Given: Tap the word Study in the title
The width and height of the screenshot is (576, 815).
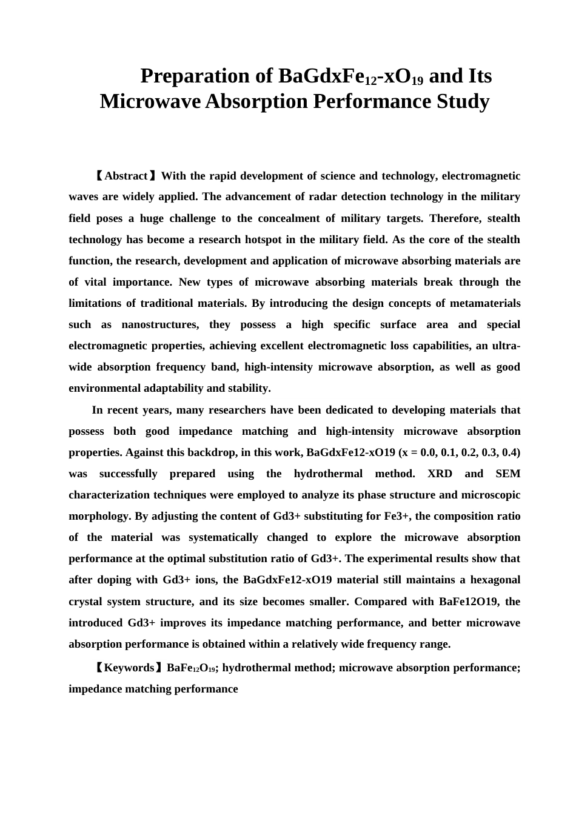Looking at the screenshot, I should (463, 101).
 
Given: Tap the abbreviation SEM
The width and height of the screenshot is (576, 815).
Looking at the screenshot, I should (507, 474).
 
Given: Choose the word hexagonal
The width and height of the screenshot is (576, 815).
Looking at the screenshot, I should (494, 580).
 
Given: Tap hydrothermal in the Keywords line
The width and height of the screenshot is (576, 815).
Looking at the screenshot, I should (256, 668).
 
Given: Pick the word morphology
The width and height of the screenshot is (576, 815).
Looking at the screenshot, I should (100, 516).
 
